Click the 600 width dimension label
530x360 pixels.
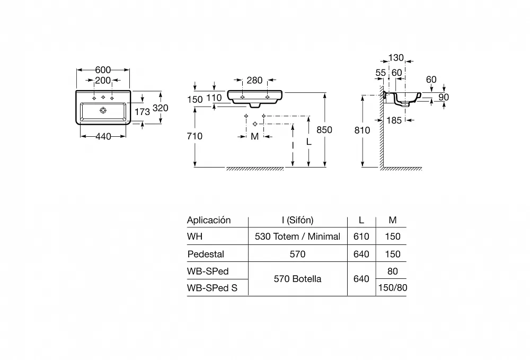click(x=103, y=70)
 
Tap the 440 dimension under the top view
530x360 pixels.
click(x=103, y=136)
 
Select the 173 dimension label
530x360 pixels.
click(x=142, y=111)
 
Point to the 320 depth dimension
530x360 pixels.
click(x=161, y=108)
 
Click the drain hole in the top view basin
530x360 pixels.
click(x=103, y=110)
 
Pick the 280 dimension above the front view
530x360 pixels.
click(x=254, y=80)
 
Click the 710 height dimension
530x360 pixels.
click(x=195, y=136)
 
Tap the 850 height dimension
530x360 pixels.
click(x=324, y=129)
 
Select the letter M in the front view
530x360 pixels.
click(x=255, y=137)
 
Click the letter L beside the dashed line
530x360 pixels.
click(x=308, y=142)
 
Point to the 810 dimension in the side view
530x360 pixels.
click(x=363, y=130)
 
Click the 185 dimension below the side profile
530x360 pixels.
click(x=394, y=120)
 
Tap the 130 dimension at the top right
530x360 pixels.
click(x=396, y=58)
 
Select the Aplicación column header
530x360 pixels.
click(x=209, y=221)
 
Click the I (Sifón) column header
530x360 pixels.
click(x=298, y=220)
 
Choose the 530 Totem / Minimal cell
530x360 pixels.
click(x=297, y=236)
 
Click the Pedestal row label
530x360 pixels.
click(x=206, y=254)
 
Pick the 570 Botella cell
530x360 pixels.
click(x=297, y=279)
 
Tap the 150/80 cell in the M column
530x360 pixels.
click(x=393, y=288)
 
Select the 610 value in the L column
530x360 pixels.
click(x=361, y=236)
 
